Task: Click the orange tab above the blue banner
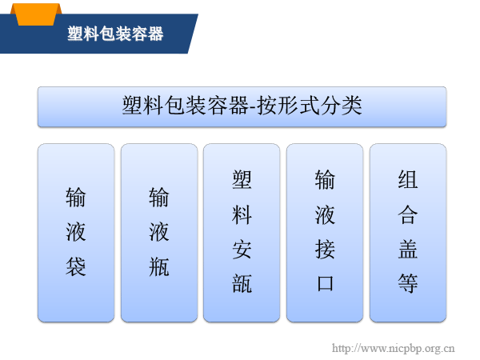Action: click(x=36, y=14)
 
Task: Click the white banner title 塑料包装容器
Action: click(x=115, y=34)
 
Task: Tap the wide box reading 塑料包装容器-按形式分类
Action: click(x=242, y=106)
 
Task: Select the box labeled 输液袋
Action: click(x=76, y=233)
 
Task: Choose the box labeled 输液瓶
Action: click(x=159, y=233)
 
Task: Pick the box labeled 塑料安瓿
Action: click(x=242, y=233)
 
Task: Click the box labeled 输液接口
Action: click(x=325, y=233)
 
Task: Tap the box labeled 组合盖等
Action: click(x=408, y=233)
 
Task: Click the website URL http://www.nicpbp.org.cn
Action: click(x=394, y=348)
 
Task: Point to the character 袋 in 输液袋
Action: click(x=76, y=266)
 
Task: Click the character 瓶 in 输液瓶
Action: click(x=159, y=266)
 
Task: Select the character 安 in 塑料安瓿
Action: click(x=242, y=250)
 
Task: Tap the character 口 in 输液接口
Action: click(x=325, y=284)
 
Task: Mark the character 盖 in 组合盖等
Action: click(x=408, y=250)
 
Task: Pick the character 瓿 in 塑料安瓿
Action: click(x=242, y=284)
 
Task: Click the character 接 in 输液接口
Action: click(x=325, y=250)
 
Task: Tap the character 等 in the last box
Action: click(x=408, y=284)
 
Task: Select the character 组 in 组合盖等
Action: click(x=408, y=180)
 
